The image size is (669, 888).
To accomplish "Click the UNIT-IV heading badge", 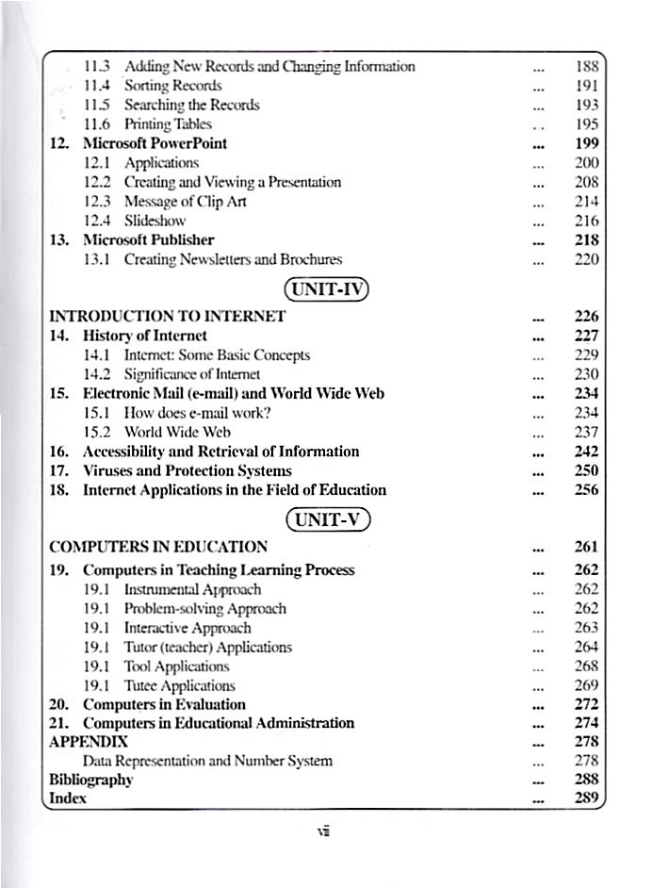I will click(326, 288).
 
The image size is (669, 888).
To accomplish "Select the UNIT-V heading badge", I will click(327, 519).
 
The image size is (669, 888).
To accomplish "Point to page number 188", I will click(586, 67).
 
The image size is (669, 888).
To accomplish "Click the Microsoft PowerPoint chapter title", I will click(155, 144).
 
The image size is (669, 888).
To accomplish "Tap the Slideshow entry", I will click(155, 221).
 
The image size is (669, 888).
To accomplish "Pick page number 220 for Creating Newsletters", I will click(586, 259).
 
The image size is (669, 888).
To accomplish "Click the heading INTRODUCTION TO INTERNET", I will click(167, 317).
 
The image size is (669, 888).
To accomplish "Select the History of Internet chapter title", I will click(145, 336).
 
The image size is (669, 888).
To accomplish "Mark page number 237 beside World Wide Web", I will click(586, 432).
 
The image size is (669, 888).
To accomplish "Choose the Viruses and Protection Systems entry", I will click(187, 470).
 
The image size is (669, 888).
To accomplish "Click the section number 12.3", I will click(98, 202).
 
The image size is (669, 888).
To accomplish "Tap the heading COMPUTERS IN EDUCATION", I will click(158, 547).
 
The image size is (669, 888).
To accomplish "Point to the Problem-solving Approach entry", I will click(205, 609).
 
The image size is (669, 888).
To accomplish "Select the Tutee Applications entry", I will click(179, 685).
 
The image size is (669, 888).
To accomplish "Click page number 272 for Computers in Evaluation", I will click(586, 704).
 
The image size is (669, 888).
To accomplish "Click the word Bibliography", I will click(90, 780).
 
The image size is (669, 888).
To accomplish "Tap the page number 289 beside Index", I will click(586, 798).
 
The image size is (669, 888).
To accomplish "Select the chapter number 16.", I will click(59, 452).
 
